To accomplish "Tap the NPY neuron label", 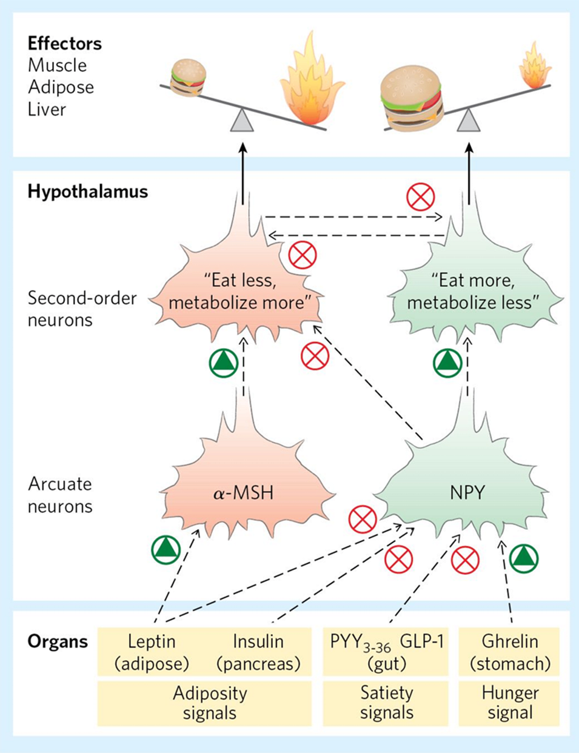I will click(467, 492).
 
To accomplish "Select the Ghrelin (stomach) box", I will click(510, 652).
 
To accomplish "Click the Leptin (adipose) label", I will click(152, 652).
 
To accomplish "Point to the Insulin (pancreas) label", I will click(258, 652).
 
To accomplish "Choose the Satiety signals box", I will click(386, 702).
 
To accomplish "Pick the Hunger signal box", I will click(510, 702).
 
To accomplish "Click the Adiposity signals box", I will click(209, 702).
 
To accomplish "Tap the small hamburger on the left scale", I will click(188, 77).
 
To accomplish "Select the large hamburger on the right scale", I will click(412, 100).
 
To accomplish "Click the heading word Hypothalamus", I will click(88, 192).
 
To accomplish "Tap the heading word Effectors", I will click(65, 44).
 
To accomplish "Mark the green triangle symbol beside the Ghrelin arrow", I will click(524, 558).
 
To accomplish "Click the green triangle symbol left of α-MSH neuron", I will click(166, 549).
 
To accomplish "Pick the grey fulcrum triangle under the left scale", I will click(243, 119).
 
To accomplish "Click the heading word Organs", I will click(58, 641).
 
